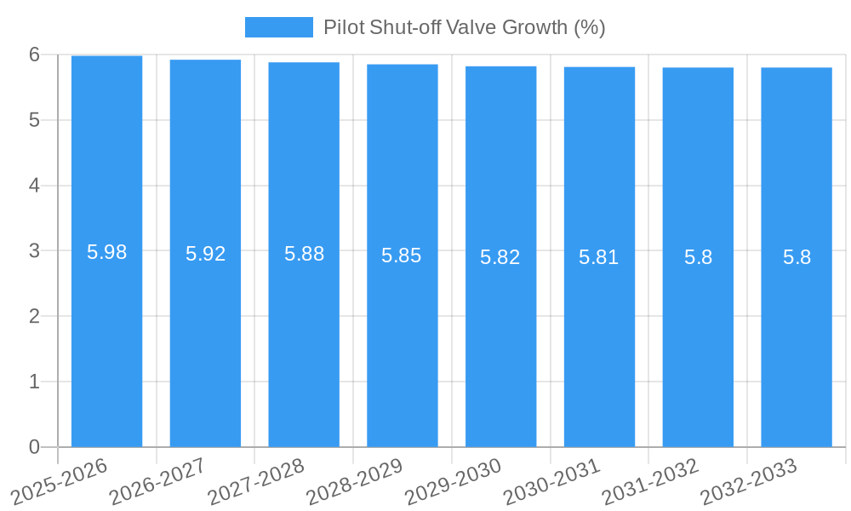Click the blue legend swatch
click(278, 27)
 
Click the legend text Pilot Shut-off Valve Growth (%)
click(464, 27)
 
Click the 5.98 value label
click(106, 252)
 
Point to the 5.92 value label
click(205, 254)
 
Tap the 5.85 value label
click(402, 255)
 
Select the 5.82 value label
click(500, 257)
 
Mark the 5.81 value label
click(599, 257)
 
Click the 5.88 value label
click(304, 254)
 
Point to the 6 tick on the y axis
click(34, 55)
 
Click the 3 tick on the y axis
click(34, 251)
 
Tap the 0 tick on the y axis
click(34, 447)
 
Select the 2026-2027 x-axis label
click(157, 479)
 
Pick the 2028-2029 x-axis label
click(354, 479)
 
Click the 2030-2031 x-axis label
click(551, 479)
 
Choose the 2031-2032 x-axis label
click(650, 479)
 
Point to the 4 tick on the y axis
click(34, 186)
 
